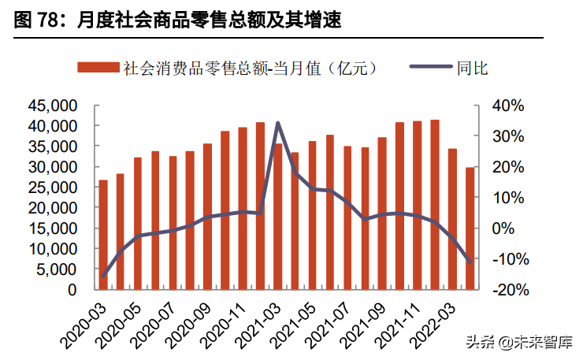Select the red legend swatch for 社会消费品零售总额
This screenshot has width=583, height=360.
point(98,69)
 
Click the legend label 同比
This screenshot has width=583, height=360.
point(472,69)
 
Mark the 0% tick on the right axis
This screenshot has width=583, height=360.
point(511,228)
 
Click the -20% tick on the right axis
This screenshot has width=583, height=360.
point(504,290)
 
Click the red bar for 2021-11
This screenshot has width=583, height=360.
point(418,205)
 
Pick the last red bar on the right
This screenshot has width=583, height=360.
point(470,228)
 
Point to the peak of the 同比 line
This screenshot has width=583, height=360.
point(278,123)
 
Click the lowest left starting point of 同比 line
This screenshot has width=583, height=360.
point(103,276)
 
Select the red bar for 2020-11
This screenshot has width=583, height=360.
point(243,208)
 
